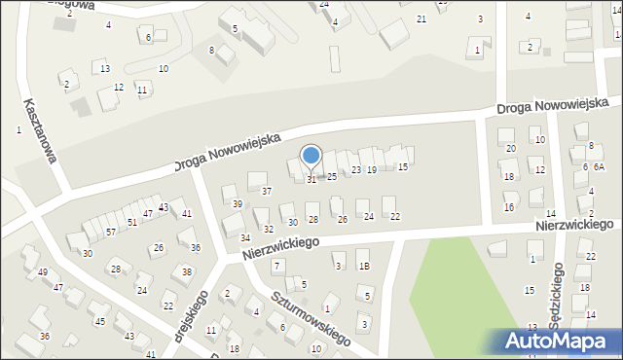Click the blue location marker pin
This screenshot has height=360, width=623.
(x=311, y=156)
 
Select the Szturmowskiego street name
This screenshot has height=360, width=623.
(x=311, y=318)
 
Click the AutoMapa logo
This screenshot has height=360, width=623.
(x=561, y=342)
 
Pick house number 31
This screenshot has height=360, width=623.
(x=311, y=179)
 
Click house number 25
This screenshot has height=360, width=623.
(x=332, y=176)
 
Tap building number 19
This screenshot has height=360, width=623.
(x=371, y=169)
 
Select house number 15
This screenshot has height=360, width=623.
(x=403, y=166)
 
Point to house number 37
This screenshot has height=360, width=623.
(x=266, y=191)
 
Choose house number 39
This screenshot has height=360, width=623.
(x=238, y=203)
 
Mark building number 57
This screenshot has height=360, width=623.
(x=111, y=232)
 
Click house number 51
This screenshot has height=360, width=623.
(x=131, y=222)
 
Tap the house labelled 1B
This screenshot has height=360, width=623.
(x=363, y=266)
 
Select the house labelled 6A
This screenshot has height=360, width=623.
(x=600, y=166)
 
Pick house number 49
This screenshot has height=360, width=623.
(x=42, y=271)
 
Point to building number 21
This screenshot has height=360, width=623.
(x=421, y=19)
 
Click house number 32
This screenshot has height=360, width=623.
(x=269, y=229)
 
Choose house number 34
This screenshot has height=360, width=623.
(x=245, y=237)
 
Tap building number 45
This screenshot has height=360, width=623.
(x=99, y=320)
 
